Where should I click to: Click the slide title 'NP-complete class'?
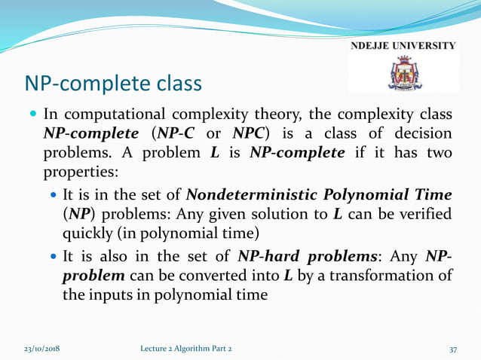[x=114, y=82]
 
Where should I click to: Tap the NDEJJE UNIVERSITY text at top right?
[x=403, y=46]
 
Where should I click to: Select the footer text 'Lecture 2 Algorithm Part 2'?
[x=187, y=349]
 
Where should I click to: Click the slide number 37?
[x=453, y=349]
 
